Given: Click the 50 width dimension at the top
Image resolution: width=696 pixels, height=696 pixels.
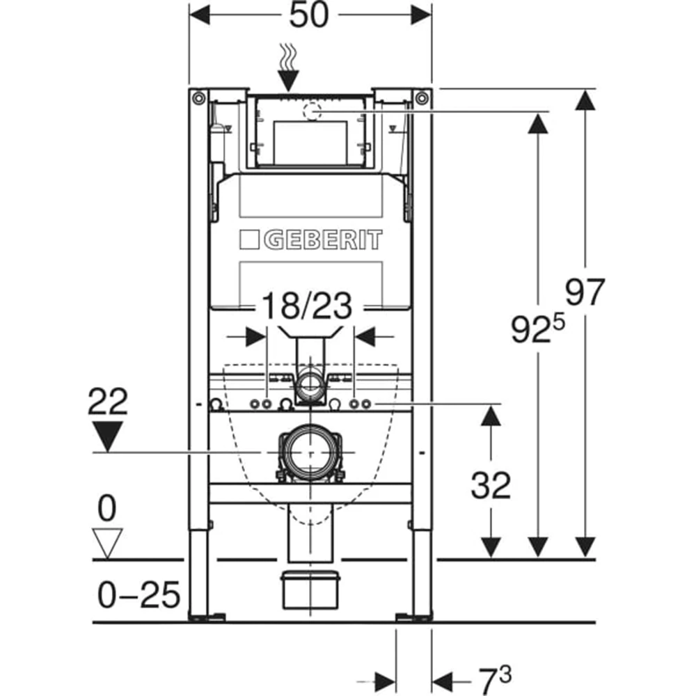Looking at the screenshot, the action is [310, 15].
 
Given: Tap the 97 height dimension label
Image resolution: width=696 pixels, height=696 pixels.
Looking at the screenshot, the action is [585, 292].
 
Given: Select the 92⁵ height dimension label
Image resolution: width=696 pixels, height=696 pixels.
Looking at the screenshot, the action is [538, 328].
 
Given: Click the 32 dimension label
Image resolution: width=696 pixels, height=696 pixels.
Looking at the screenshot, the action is [491, 485].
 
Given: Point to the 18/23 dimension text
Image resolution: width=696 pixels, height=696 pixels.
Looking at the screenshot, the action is [307, 306].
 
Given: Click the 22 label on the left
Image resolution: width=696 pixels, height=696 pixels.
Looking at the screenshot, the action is [108, 402].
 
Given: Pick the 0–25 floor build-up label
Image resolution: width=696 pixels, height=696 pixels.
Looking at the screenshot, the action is [139, 595].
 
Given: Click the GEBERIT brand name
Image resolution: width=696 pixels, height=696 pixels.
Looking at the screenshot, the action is [323, 239].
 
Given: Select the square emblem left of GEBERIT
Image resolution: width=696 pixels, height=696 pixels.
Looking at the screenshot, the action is [249, 239].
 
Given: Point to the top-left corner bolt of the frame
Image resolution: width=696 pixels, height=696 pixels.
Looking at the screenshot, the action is [198, 97].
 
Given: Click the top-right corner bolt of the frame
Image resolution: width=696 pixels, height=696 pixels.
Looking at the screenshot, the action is [422, 97].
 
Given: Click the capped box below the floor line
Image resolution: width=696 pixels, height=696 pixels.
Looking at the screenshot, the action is [310, 590].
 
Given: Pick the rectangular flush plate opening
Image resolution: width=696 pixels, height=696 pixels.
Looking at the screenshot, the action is [310, 142].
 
